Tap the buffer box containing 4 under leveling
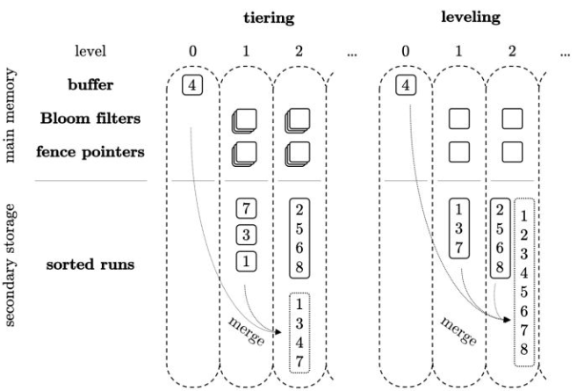coord(405,85)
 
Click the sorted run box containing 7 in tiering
coord(247,209)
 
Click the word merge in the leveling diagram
coord(459,332)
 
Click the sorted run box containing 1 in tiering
coord(247,260)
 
